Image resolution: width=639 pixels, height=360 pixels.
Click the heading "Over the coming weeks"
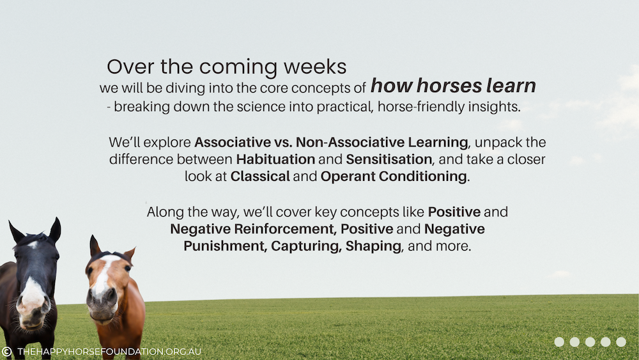coord(227,67)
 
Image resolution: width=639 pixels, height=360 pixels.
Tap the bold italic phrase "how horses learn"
coord(453,86)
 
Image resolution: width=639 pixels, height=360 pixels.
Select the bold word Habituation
coord(275,159)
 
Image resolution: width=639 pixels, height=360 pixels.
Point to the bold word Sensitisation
coord(389,159)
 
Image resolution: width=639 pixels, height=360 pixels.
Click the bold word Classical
coord(260,176)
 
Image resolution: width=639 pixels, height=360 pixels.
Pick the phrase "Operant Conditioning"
coord(394,176)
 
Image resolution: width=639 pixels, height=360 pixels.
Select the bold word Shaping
coord(373,246)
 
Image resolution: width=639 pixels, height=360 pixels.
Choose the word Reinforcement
coord(285,229)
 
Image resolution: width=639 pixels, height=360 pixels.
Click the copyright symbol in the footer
coord(6,352)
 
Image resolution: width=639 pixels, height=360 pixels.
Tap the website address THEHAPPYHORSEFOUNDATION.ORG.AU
coord(109,352)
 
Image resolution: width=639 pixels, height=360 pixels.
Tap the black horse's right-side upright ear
coord(55,230)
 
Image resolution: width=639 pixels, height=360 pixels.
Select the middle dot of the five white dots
coord(590,342)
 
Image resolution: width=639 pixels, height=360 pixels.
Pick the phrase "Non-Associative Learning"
coord(382,142)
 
